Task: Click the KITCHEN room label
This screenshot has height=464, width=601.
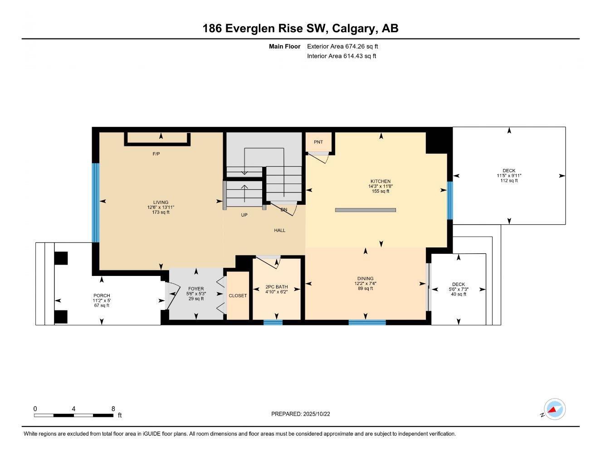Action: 380,181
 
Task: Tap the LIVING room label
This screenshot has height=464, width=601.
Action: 161,202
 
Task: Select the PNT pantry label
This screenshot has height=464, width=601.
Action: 318,142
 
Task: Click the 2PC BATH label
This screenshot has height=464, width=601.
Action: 276,287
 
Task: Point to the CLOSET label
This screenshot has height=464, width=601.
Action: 238,295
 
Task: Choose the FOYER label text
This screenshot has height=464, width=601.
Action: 196,289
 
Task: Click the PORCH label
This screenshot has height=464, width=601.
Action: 102,295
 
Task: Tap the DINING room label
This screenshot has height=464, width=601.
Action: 365,279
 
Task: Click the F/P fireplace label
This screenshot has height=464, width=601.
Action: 156,154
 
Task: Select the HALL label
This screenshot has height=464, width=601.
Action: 280,230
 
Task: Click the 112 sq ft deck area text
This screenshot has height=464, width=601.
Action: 508,181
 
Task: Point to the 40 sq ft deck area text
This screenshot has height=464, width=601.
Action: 458,295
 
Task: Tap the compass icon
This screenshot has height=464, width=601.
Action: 555,410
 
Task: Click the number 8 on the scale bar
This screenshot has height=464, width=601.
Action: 113,408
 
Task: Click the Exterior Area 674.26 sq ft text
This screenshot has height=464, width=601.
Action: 342,46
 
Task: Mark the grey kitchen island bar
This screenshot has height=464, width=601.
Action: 366,210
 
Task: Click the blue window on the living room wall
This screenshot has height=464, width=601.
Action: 96,202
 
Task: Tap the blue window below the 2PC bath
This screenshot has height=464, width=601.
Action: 273,322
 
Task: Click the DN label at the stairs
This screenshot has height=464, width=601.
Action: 283,210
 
